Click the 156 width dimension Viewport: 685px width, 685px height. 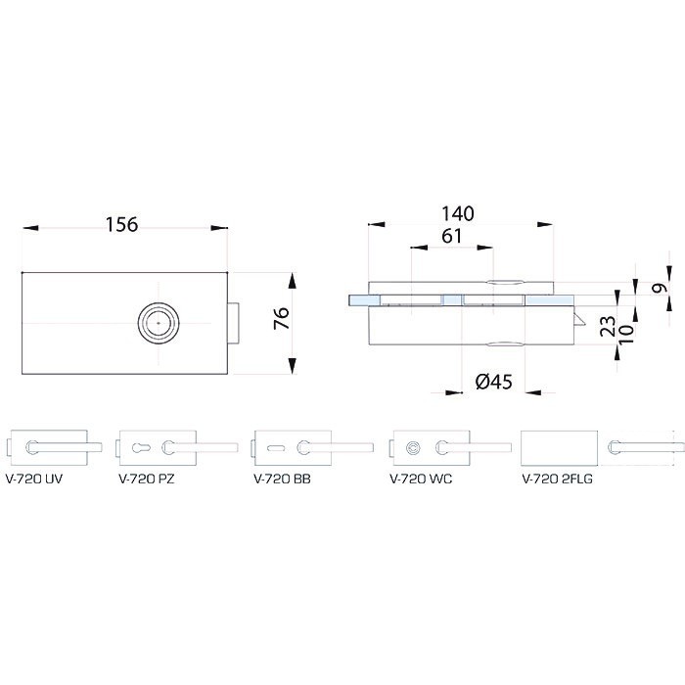pyautogui.click(x=122, y=224)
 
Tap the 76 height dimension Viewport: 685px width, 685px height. pyautogui.click(x=282, y=318)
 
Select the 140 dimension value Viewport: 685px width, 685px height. pyautogui.click(x=457, y=213)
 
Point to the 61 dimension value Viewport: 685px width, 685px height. pyautogui.click(x=451, y=237)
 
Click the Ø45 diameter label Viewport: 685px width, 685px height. pyautogui.click(x=493, y=382)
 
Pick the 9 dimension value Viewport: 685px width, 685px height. pyautogui.click(x=661, y=289)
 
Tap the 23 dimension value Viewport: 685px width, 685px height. pyautogui.click(x=608, y=326)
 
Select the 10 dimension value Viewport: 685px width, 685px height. pyautogui.click(x=625, y=333)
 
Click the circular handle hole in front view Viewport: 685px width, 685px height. pyautogui.click(x=159, y=323)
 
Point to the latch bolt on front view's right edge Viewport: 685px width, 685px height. pyautogui.click(x=233, y=323)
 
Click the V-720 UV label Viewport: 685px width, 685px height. pyautogui.click(x=34, y=479)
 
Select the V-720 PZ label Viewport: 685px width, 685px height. pyautogui.click(x=147, y=479)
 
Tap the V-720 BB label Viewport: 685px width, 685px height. pyautogui.click(x=282, y=479)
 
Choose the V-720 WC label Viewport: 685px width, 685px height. pyautogui.click(x=421, y=479)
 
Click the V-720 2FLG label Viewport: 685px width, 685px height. pyautogui.click(x=558, y=479)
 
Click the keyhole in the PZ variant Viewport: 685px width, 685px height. pyautogui.click(x=141, y=447)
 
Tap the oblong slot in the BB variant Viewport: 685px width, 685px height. pyautogui.click(x=277, y=447)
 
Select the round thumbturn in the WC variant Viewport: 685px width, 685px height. pyautogui.click(x=413, y=448)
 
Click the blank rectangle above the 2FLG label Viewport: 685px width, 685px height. pyautogui.click(x=559, y=448)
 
